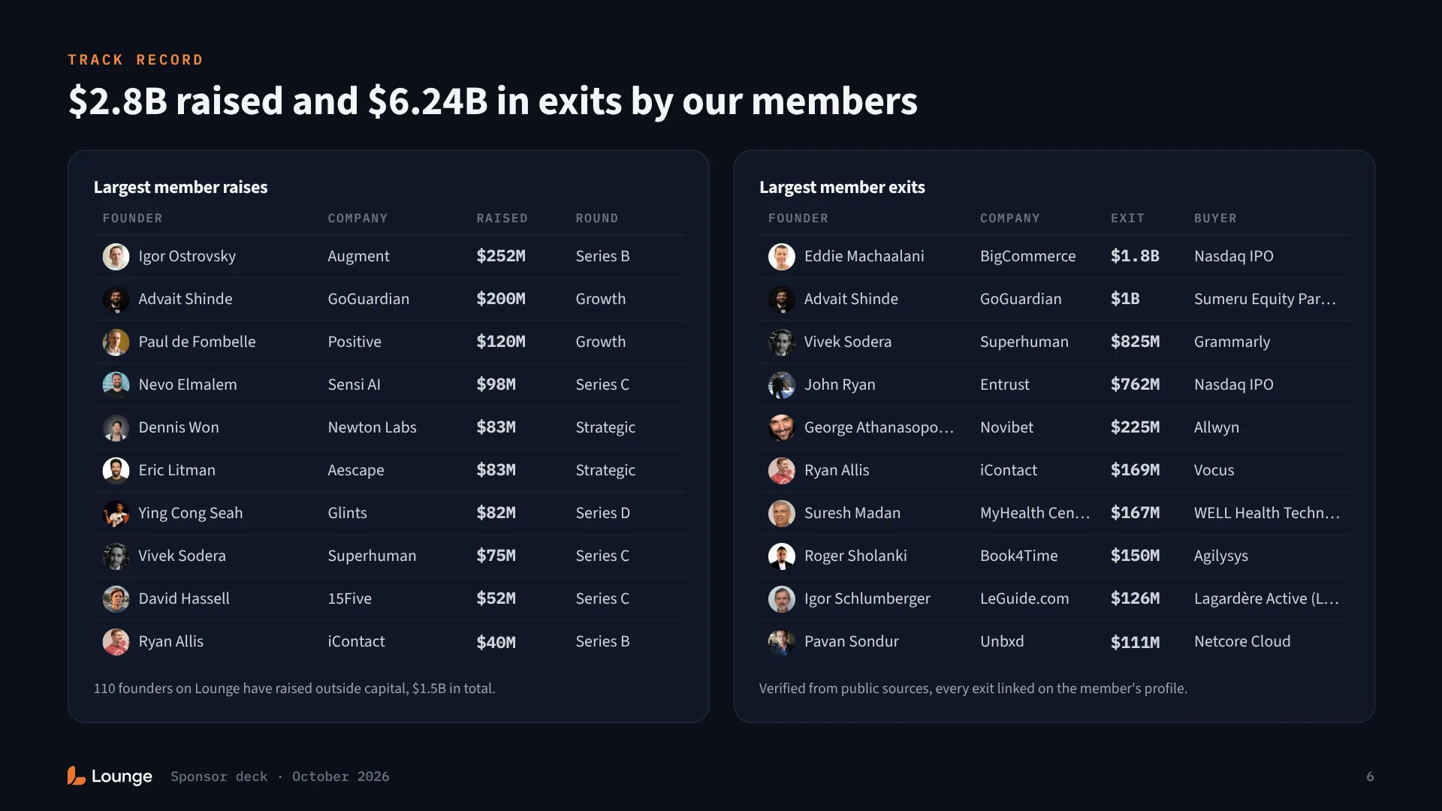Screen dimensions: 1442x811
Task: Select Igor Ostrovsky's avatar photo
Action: tap(116, 257)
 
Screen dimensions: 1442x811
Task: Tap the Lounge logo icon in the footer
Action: tap(76, 776)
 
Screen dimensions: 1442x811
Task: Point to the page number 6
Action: tap(1370, 776)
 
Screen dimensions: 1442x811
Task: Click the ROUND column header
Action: tap(597, 219)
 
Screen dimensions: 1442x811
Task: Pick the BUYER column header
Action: tap(1215, 219)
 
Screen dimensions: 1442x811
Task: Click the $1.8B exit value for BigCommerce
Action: tap(1135, 256)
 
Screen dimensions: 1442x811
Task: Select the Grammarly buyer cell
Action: tap(1232, 342)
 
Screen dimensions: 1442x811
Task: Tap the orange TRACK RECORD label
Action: tap(135, 59)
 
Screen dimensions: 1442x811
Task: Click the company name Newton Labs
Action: tap(372, 427)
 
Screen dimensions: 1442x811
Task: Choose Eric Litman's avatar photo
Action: tap(116, 471)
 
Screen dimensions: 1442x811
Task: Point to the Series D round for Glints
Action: tap(602, 513)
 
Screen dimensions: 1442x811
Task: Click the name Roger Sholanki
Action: tap(855, 556)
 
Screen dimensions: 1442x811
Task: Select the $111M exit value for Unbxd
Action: tap(1135, 642)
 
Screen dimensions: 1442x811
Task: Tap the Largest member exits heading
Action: tap(842, 187)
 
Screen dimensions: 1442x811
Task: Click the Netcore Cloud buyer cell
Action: tap(1242, 641)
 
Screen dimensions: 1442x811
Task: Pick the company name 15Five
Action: tap(349, 598)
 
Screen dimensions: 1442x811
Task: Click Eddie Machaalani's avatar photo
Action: tap(781, 257)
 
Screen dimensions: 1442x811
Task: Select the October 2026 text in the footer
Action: tap(340, 776)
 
